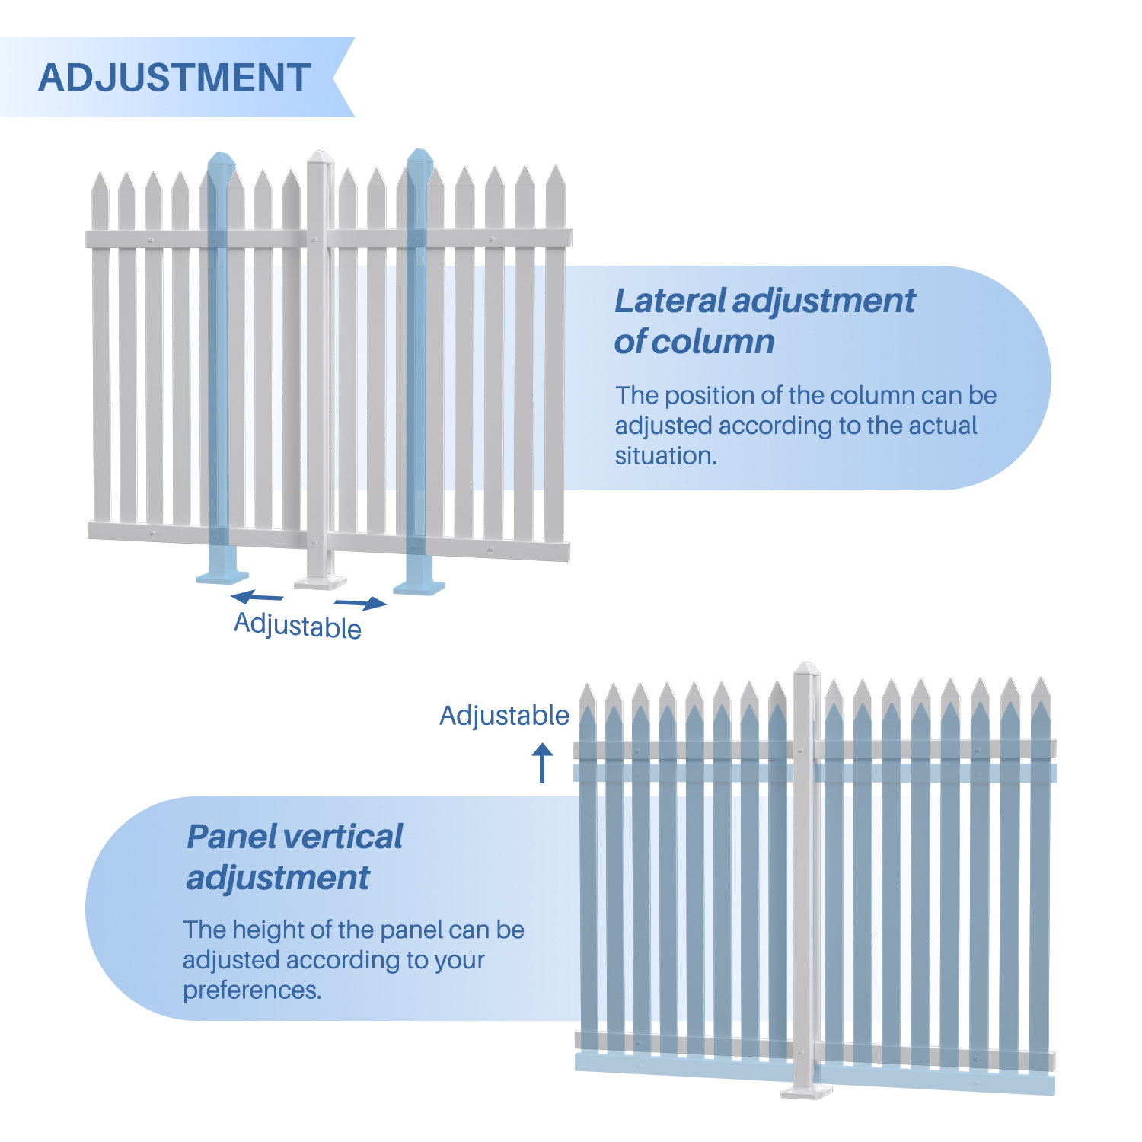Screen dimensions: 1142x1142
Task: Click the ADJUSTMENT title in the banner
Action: (174, 78)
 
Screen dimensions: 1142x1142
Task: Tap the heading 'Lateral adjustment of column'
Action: (764, 321)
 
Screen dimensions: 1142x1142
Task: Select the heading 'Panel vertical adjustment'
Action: (295, 856)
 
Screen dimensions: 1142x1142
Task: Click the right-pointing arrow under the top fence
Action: (360, 604)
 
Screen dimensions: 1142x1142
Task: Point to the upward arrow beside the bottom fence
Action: (542, 762)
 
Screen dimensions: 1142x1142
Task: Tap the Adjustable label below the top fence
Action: (298, 626)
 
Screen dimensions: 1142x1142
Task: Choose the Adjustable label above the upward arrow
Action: (504, 716)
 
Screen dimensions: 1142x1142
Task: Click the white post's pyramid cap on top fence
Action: (321, 158)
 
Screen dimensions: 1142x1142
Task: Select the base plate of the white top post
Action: (321, 582)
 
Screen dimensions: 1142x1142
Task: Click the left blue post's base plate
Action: (222, 576)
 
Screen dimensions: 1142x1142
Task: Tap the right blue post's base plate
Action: (419, 586)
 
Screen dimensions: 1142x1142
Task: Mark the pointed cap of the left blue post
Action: (222, 161)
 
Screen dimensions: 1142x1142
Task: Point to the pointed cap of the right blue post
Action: (419, 158)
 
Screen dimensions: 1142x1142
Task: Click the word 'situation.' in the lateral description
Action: (666, 456)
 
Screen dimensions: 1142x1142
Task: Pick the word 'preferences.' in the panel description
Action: (252, 990)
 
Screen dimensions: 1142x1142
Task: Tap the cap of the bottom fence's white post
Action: (805, 670)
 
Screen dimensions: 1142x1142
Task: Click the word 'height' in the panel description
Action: (267, 930)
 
